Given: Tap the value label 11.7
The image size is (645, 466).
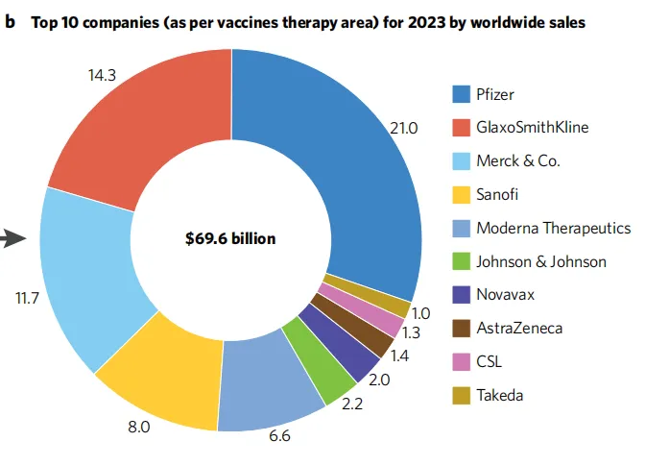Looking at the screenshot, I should tap(26, 297).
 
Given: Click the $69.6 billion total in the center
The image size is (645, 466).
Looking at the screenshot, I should tap(230, 238).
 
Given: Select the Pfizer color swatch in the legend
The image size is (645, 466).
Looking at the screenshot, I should tap(461, 93).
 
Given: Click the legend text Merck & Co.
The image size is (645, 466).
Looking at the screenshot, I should tap(518, 160).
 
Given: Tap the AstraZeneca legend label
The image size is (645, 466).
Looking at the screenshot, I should tap(519, 329).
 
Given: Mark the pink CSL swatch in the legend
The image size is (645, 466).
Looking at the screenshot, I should tap(461, 362).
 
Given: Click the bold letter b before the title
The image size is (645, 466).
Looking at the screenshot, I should tap(11, 19).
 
